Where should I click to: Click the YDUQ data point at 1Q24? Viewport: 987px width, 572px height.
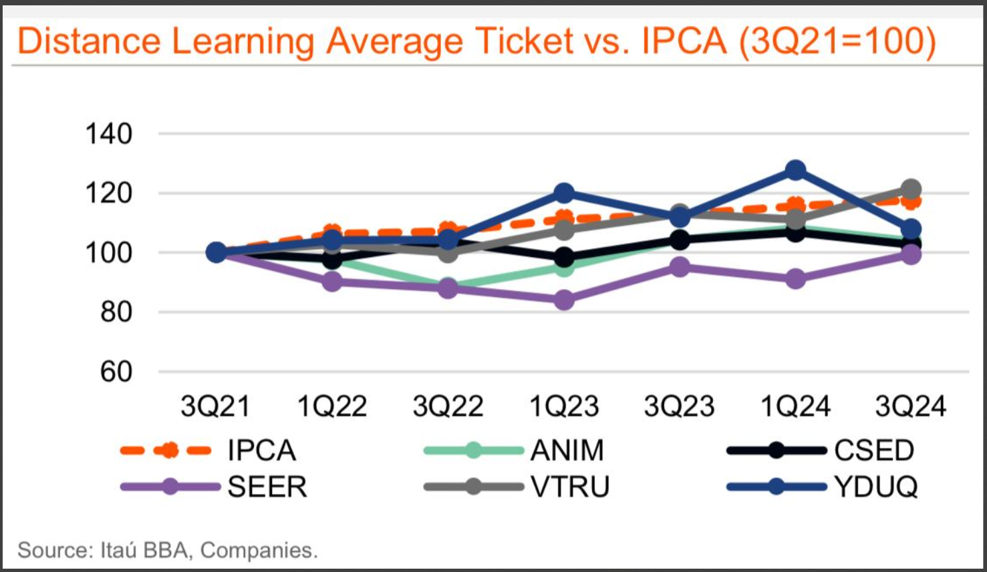pyautogui.click(x=795, y=170)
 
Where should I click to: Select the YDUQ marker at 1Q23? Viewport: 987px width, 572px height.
pyautogui.click(x=564, y=194)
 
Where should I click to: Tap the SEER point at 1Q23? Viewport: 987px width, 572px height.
pyautogui.click(x=564, y=300)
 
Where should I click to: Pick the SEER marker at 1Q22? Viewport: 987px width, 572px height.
pyautogui.click(x=332, y=282)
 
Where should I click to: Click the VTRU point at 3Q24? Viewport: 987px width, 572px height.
pyautogui.click(x=911, y=190)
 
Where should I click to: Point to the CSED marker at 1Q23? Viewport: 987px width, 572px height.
pyautogui.click(x=564, y=257)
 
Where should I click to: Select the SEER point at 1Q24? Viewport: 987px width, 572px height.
pyautogui.click(x=795, y=278)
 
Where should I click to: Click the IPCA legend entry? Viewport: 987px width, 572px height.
pyautogui.click(x=261, y=451)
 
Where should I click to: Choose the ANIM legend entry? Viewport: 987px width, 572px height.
pyautogui.click(x=567, y=451)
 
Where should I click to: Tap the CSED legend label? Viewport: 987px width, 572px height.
pyautogui.click(x=873, y=451)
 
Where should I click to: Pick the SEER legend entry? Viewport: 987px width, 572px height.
pyautogui.click(x=267, y=487)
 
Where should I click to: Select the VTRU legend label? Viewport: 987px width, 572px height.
pyautogui.click(x=570, y=487)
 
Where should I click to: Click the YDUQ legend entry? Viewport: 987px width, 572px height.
pyautogui.click(x=875, y=487)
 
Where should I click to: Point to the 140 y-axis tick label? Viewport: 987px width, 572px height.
pyautogui.click(x=109, y=134)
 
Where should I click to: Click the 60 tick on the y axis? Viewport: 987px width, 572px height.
pyautogui.click(x=116, y=372)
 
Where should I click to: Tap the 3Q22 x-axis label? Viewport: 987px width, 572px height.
pyautogui.click(x=448, y=406)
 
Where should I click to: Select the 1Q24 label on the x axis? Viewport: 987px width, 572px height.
pyautogui.click(x=795, y=406)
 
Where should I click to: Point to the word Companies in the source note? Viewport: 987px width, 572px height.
pyautogui.click(x=259, y=550)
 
